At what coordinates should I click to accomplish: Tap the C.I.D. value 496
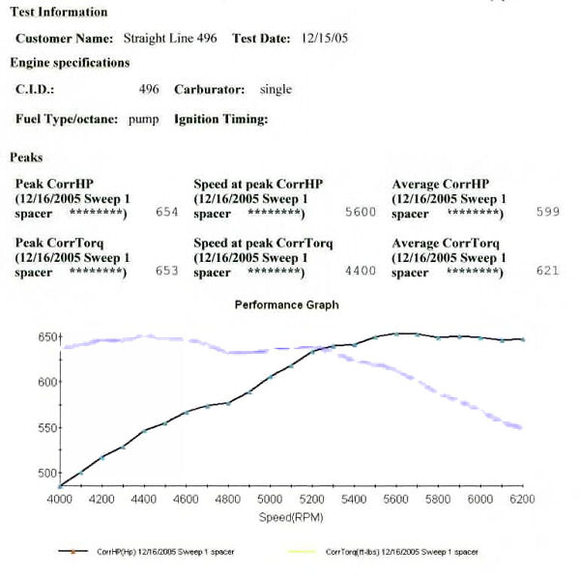tap(149, 89)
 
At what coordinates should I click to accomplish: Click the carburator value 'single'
tap(275, 89)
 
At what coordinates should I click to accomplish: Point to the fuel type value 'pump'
tap(144, 120)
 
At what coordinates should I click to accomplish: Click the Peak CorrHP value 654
tap(167, 212)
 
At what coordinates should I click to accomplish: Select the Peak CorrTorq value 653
tap(167, 272)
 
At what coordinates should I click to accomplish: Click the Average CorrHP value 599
tap(547, 212)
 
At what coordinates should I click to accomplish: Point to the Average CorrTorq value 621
tap(547, 272)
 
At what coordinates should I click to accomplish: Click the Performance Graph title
tap(287, 304)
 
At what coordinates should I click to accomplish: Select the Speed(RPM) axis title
tap(287, 517)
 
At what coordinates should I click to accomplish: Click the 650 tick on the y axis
tap(46, 337)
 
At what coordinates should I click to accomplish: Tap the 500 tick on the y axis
tap(46, 473)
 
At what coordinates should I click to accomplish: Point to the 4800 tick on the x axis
tap(228, 500)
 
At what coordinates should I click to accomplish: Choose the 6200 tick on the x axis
tap(523, 500)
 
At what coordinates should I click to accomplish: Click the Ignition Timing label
tap(220, 120)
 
